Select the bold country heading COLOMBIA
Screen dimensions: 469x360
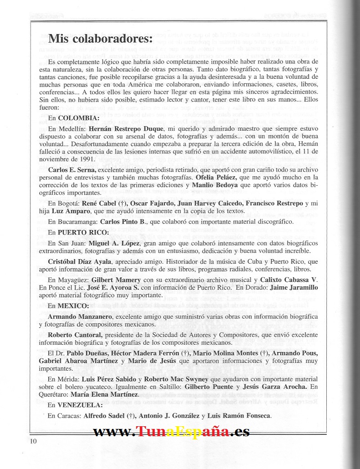coord(78,118)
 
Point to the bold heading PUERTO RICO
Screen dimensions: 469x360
coord(82,232)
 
